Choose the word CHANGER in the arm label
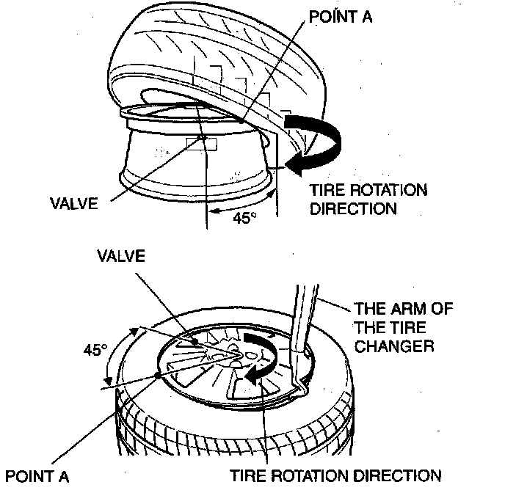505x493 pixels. click(x=384, y=346)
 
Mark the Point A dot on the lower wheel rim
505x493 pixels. click(x=159, y=373)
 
